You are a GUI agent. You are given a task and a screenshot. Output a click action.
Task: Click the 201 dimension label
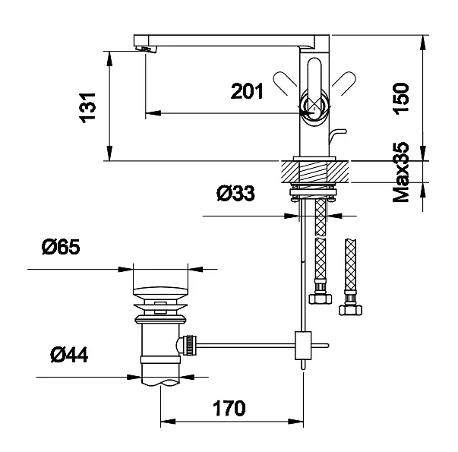pyautogui.click(x=247, y=91)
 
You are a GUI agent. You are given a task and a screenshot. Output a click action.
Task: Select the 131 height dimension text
pyautogui.click(x=87, y=108)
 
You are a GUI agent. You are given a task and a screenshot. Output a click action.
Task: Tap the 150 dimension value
pyautogui.click(x=401, y=99)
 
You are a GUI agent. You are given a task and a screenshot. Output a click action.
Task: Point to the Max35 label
pyautogui.click(x=401, y=172)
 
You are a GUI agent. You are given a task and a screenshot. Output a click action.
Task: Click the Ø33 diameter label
pyautogui.click(x=235, y=193)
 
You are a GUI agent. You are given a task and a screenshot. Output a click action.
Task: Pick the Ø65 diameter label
pyautogui.click(x=61, y=247)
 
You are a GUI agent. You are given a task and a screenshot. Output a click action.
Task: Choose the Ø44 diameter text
pyautogui.click(x=69, y=355)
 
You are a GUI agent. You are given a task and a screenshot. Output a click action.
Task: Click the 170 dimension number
pyautogui.click(x=229, y=408)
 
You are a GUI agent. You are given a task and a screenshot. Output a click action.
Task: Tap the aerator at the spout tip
pyautogui.click(x=146, y=49)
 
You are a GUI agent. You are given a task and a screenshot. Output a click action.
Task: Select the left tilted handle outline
pyautogui.click(x=285, y=84)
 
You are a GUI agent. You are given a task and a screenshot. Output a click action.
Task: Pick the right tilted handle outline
pyautogui.click(x=344, y=84)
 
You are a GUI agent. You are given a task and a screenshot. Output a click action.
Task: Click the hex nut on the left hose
pyautogui.click(x=320, y=299)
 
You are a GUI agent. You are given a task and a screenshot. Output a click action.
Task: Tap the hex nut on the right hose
pyautogui.click(x=350, y=310)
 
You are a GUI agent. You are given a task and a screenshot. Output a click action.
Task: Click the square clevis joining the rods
pyautogui.click(x=303, y=346)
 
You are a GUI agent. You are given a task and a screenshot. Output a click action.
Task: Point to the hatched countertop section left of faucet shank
pyautogui.click(x=291, y=172)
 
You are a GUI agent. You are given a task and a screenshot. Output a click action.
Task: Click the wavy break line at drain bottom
pyautogui.click(x=160, y=383)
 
